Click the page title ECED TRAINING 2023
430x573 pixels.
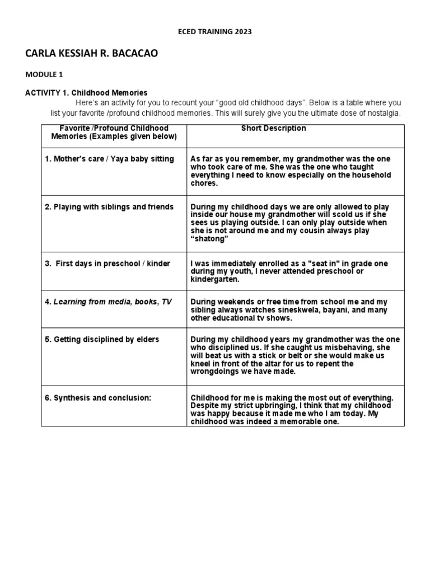point(215,32)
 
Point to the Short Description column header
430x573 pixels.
point(273,128)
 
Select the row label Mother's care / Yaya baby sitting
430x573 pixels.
point(109,159)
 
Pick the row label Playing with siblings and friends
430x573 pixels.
point(109,207)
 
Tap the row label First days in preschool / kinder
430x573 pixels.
point(107,264)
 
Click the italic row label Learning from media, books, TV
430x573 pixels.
point(108,302)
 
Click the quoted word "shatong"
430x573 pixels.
point(211,239)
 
